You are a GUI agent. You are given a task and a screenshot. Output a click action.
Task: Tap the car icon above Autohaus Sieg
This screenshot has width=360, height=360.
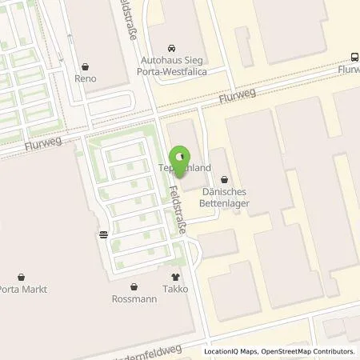click(x=170, y=47)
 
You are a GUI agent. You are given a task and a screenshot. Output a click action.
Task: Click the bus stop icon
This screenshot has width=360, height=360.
click(x=354, y=56)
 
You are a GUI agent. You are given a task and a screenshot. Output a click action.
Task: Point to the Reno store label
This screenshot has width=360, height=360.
click(x=85, y=78)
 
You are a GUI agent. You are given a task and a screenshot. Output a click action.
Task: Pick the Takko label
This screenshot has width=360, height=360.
click(x=177, y=289)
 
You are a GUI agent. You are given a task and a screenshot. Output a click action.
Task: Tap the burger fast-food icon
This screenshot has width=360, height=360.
click(x=104, y=234)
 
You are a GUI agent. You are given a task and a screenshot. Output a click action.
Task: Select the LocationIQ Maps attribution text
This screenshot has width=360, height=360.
click(x=231, y=351)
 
